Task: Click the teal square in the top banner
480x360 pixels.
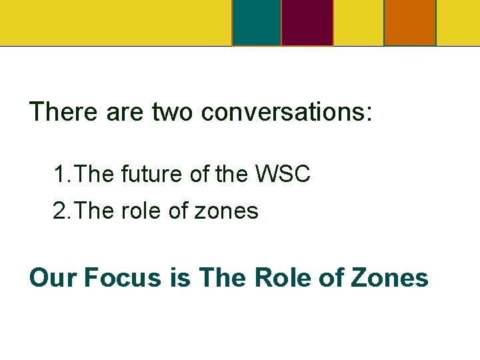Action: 257,23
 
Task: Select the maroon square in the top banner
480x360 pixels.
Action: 307,23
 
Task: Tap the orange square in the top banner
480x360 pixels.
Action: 410,23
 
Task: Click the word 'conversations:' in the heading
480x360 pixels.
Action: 287,111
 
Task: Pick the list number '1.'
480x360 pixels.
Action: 62,175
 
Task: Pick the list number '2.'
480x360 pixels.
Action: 62,211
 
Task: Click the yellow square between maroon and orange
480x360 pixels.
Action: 359,23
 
